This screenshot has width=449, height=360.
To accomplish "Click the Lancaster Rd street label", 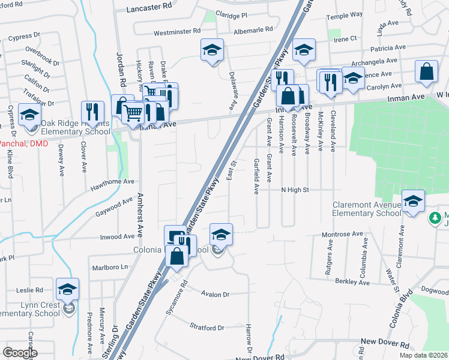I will tap(150, 10).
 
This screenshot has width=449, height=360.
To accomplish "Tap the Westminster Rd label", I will tap(176, 32).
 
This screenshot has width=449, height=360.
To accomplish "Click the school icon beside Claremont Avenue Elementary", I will tap(412, 202).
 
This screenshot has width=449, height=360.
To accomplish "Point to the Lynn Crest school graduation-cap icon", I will tap(67, 290).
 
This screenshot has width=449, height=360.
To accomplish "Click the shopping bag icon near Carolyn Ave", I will tap(426, 72).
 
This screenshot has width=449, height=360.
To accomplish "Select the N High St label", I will tap(294, 190).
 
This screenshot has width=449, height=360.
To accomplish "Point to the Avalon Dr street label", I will tap(215, 295).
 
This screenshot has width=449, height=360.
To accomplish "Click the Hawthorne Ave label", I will tap(112, 182).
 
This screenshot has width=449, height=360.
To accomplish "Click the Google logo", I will tap(20, 353).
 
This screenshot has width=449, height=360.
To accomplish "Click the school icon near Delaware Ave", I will tap(212, 50).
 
